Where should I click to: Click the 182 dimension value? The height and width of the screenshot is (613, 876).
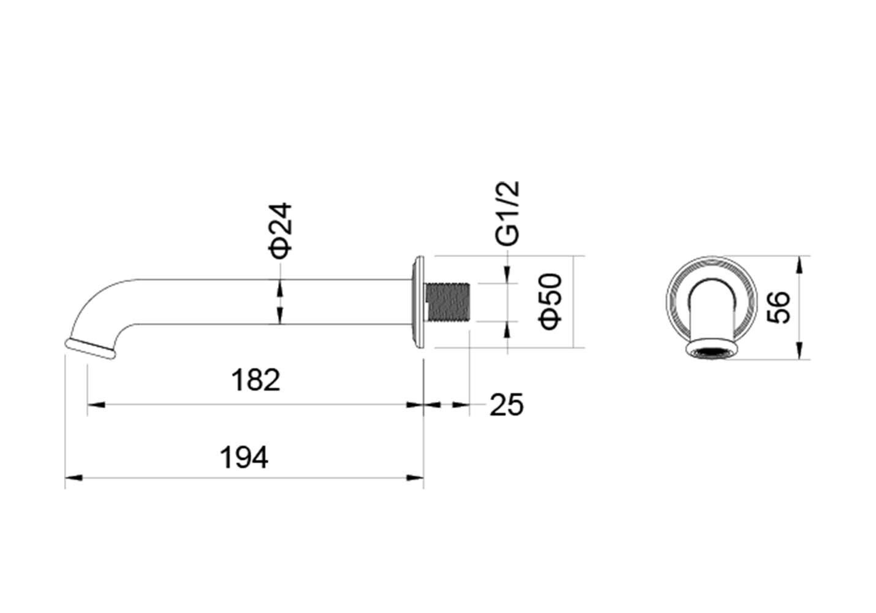pyautogui.click(x=256, y=379)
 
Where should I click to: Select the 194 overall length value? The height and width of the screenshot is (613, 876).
pyautogui.click(x=244, y=457)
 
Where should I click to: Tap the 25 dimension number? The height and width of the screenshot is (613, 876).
pyautogui.click(x=507, y=405)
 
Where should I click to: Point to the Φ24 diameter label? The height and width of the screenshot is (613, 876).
pyautogui.click(x=280, y=230)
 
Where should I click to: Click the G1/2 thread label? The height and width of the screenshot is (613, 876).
pyautogui.click(x=507, y=214)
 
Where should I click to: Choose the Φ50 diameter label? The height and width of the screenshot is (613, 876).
pyautogui.click(x=549, y=302)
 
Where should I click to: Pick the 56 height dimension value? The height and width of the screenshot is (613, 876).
pyautogui.click(x=778, y=307)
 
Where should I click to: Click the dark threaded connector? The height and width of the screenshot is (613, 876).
pyautogui.click(x=447, y=302)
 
